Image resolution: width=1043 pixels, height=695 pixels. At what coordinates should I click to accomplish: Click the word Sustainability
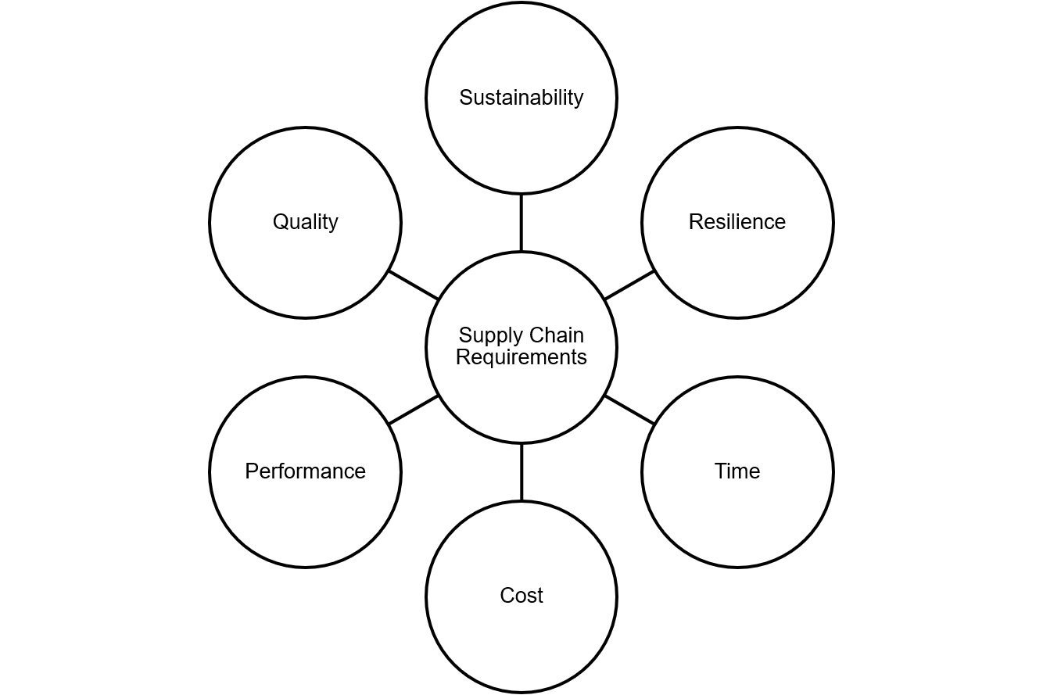pyautogui.click(x=521, y=98)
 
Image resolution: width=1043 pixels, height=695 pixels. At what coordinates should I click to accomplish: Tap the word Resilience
pyautogui.click(x=737, y=222)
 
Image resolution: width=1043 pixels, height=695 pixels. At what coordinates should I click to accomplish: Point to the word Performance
pyautogui.click(x=305, y=471)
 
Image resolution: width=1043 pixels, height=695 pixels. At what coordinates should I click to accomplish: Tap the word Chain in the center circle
pyautogui.click(x=554, y=335)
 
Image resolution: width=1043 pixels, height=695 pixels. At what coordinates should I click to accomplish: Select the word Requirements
pyautogui.click(x=521, y=357)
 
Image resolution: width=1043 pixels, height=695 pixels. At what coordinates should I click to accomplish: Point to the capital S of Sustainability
pyautogui.click(x=465, y=98)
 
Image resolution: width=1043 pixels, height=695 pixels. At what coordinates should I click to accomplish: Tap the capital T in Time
pyautogui.click(x=720, y=471)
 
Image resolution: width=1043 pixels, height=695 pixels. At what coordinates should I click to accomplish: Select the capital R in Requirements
pyautogui.click(x=462, y=357)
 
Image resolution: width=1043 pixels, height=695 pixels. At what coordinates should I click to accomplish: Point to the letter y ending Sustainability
pyautogui.click(x=579, y=100)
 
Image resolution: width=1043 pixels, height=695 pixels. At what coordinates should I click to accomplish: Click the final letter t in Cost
pyautogui.click(x=539, y=596)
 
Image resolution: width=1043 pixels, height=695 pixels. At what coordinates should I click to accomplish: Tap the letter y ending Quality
pyautogui.click(x=334, y=224)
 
